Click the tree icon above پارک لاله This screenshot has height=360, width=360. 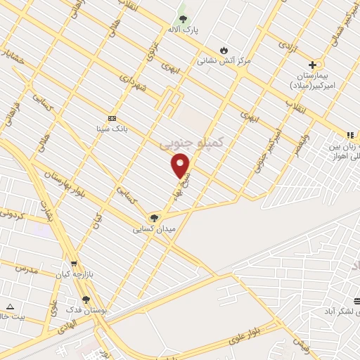[x=184, y=18]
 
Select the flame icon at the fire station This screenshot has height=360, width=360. [x=224, y=50]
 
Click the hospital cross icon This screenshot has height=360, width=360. [x=312, y=65]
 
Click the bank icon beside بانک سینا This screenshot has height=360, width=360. [x=112, y=118]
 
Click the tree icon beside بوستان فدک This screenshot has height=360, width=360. [x=86, y=300]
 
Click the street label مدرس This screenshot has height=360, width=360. [x=26, y=269]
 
